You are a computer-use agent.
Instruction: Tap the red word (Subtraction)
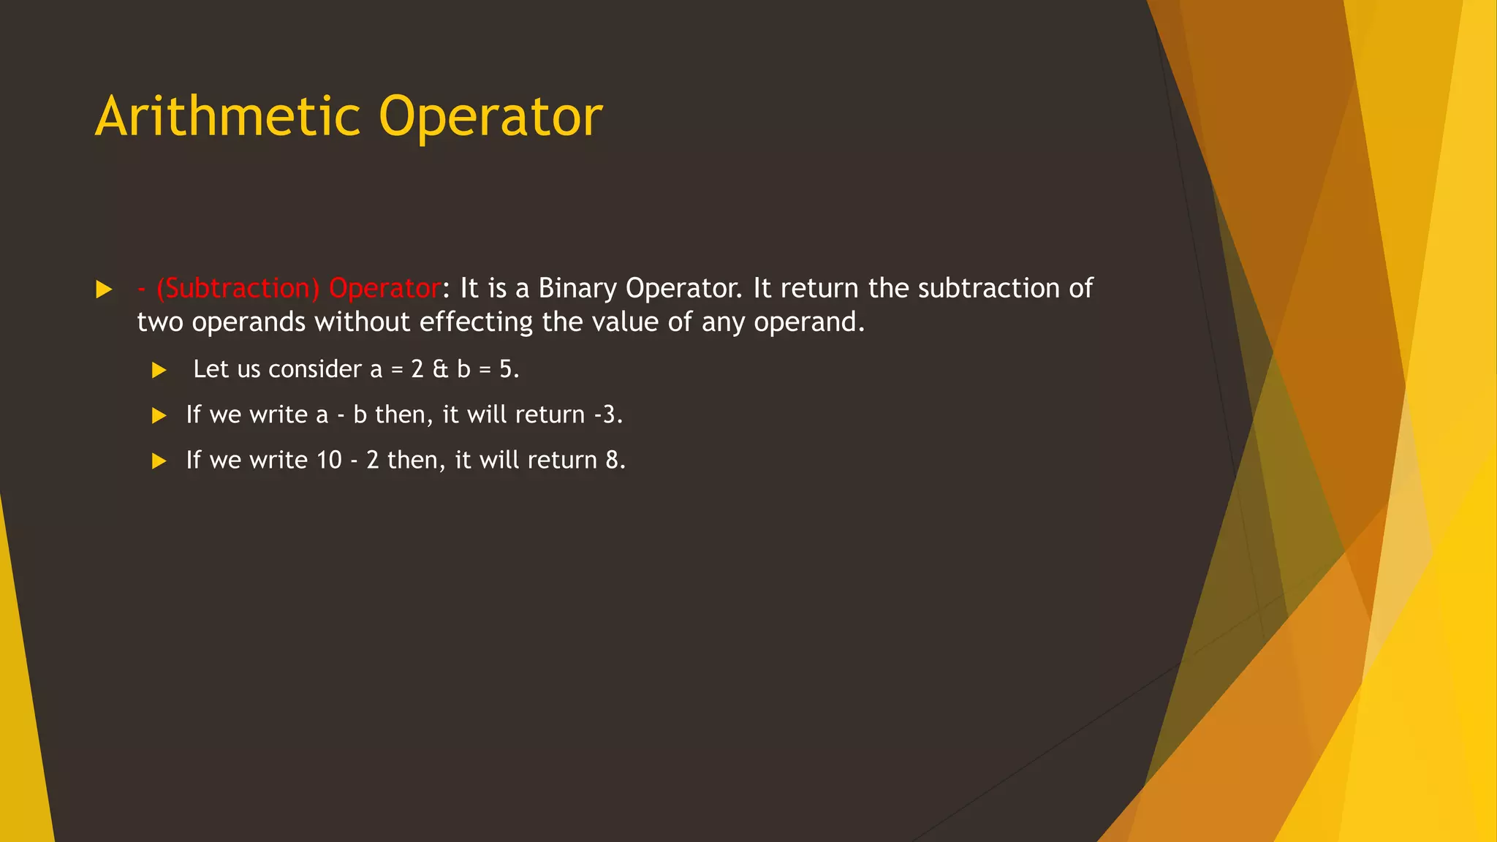point(238,289)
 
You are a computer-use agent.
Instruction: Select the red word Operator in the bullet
point(384,289)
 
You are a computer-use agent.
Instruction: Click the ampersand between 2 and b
point(440,369)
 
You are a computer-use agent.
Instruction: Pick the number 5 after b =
point(506,369)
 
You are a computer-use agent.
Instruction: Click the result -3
point(607,415)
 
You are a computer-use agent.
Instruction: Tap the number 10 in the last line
point(329,460)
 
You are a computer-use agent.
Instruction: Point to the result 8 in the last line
point(612,460)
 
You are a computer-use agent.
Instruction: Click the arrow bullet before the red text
point(104,289)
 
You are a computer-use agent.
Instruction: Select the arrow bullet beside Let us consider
point(159,371)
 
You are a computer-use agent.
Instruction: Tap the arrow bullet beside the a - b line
point(159,416)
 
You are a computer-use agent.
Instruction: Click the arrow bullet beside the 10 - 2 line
point(159,461)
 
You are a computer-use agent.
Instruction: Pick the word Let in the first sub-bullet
point(211,369)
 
